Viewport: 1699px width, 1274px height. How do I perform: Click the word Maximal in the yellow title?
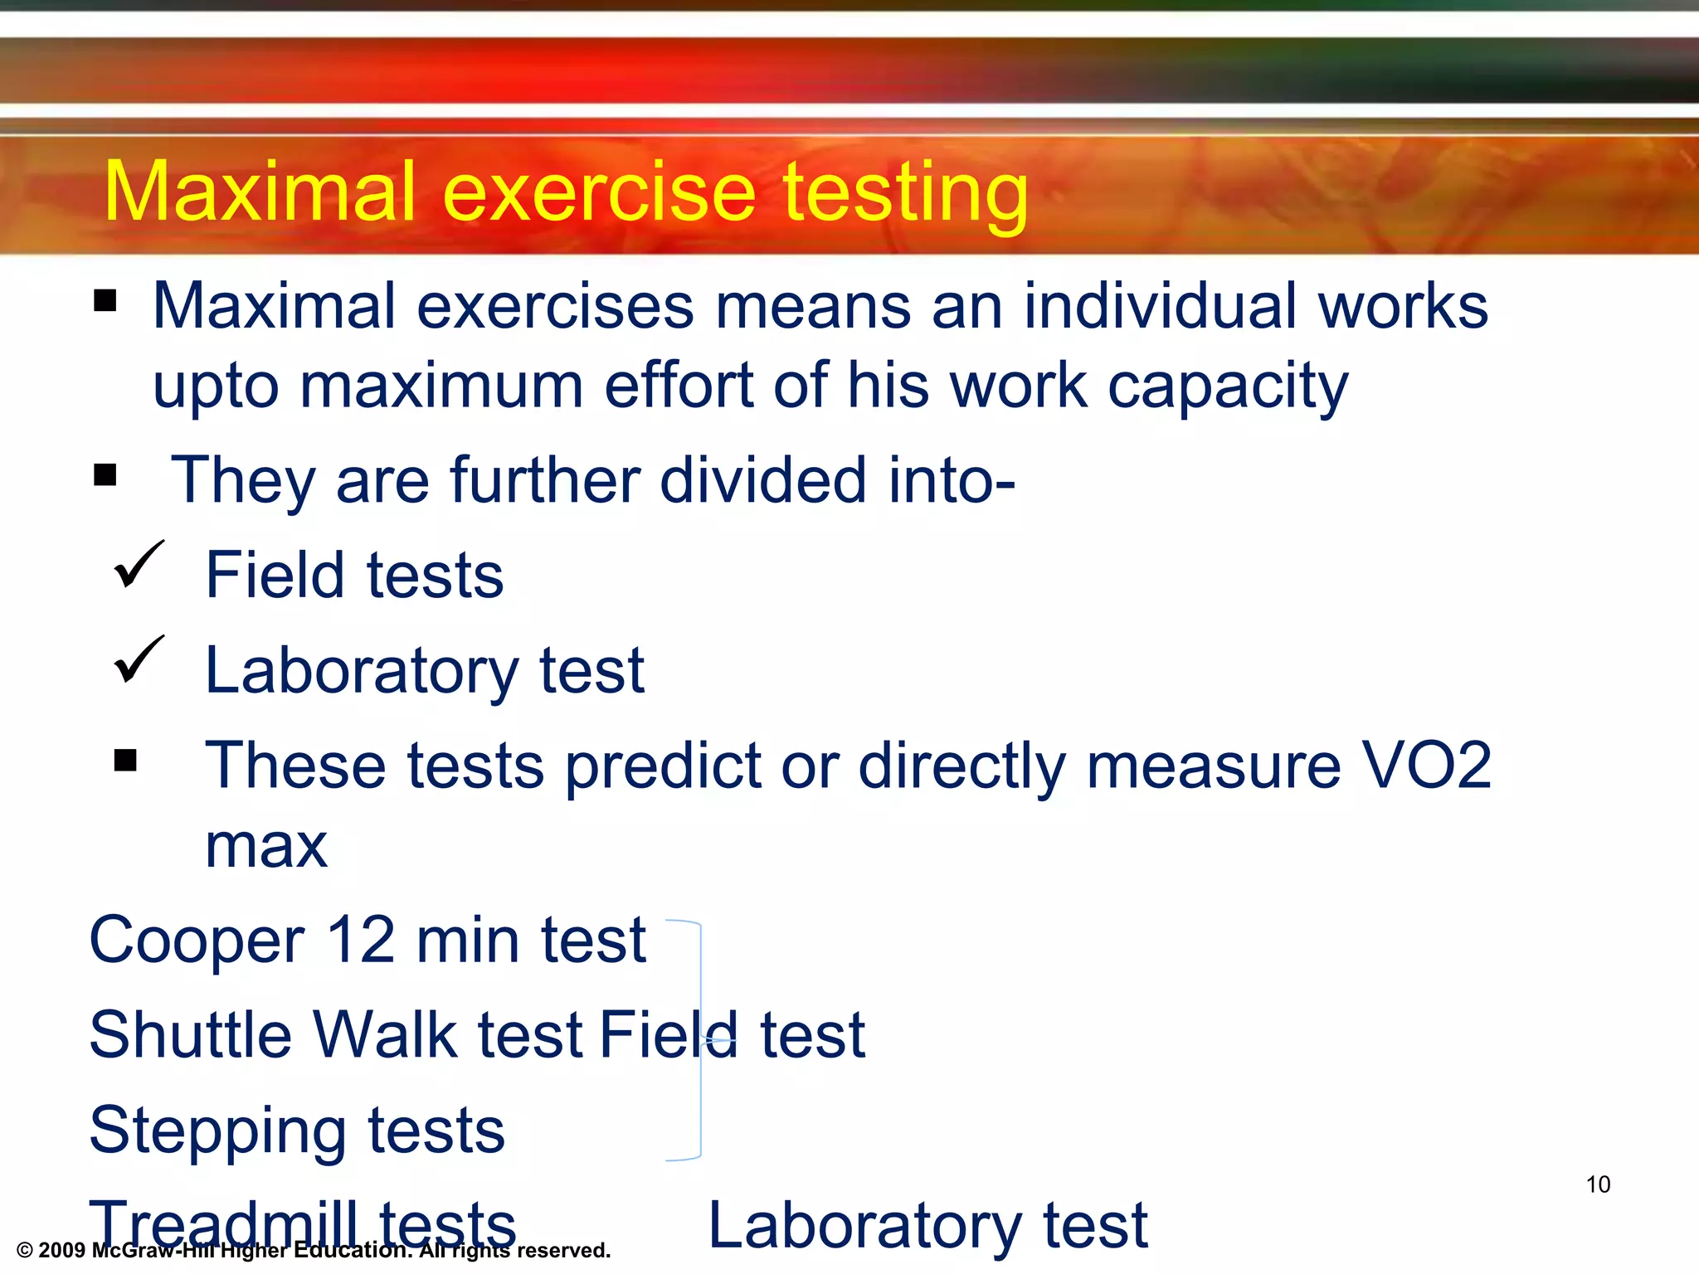tap(259, 192)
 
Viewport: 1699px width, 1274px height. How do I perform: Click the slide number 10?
tap(1598, 1184)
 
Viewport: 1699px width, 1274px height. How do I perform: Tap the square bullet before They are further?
tap(105, 475)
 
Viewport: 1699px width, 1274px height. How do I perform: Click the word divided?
tap(763, 480)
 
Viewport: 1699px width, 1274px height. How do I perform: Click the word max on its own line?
tap(266, 846)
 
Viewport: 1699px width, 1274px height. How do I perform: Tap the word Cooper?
tap(197, 941)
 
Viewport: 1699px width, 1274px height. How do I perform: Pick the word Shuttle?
tap(190, 1035)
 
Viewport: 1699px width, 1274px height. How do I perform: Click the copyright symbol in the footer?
tap(24, 1251)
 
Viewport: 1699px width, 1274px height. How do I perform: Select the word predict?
tap(662, 765)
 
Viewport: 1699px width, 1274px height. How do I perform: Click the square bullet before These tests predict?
tap(125, 760)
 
